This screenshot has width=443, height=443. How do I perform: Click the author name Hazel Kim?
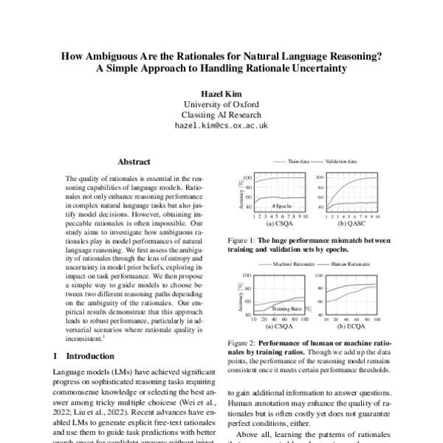click(x=221, y=95)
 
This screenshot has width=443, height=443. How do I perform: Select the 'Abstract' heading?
click(x=134, y=161)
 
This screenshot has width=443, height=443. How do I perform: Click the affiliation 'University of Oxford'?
click(x=221, y=105)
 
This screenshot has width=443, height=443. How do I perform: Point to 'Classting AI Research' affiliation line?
click(x=221, y=115)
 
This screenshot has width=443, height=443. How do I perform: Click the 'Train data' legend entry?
click(x=298, y=160)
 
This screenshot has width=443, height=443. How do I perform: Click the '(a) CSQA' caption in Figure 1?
click(x=281, y=223)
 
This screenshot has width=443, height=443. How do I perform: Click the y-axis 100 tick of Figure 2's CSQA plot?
click(x=247, y=275)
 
